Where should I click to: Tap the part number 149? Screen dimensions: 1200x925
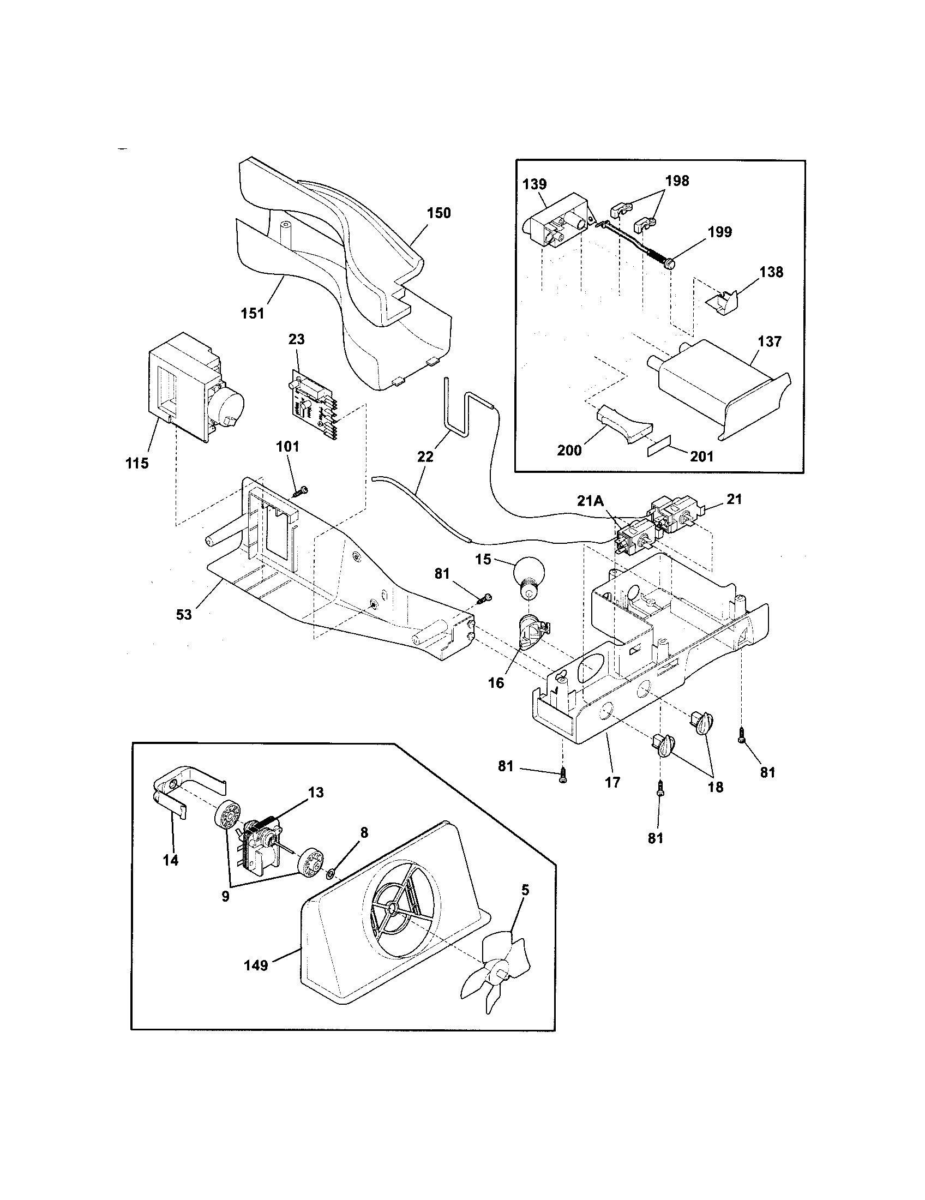(256, 965)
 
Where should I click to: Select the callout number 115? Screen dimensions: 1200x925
(137, 463)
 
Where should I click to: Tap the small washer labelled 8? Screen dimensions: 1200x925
(330, 873)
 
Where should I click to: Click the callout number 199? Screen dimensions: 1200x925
(719, 232)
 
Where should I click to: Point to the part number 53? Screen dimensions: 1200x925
(184, 614)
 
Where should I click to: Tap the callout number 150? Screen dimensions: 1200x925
(439, 213)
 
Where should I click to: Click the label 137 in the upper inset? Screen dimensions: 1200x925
(769, 341)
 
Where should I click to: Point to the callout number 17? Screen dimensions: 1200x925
(612, 782)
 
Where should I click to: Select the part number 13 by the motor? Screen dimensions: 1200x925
(316, 793)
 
